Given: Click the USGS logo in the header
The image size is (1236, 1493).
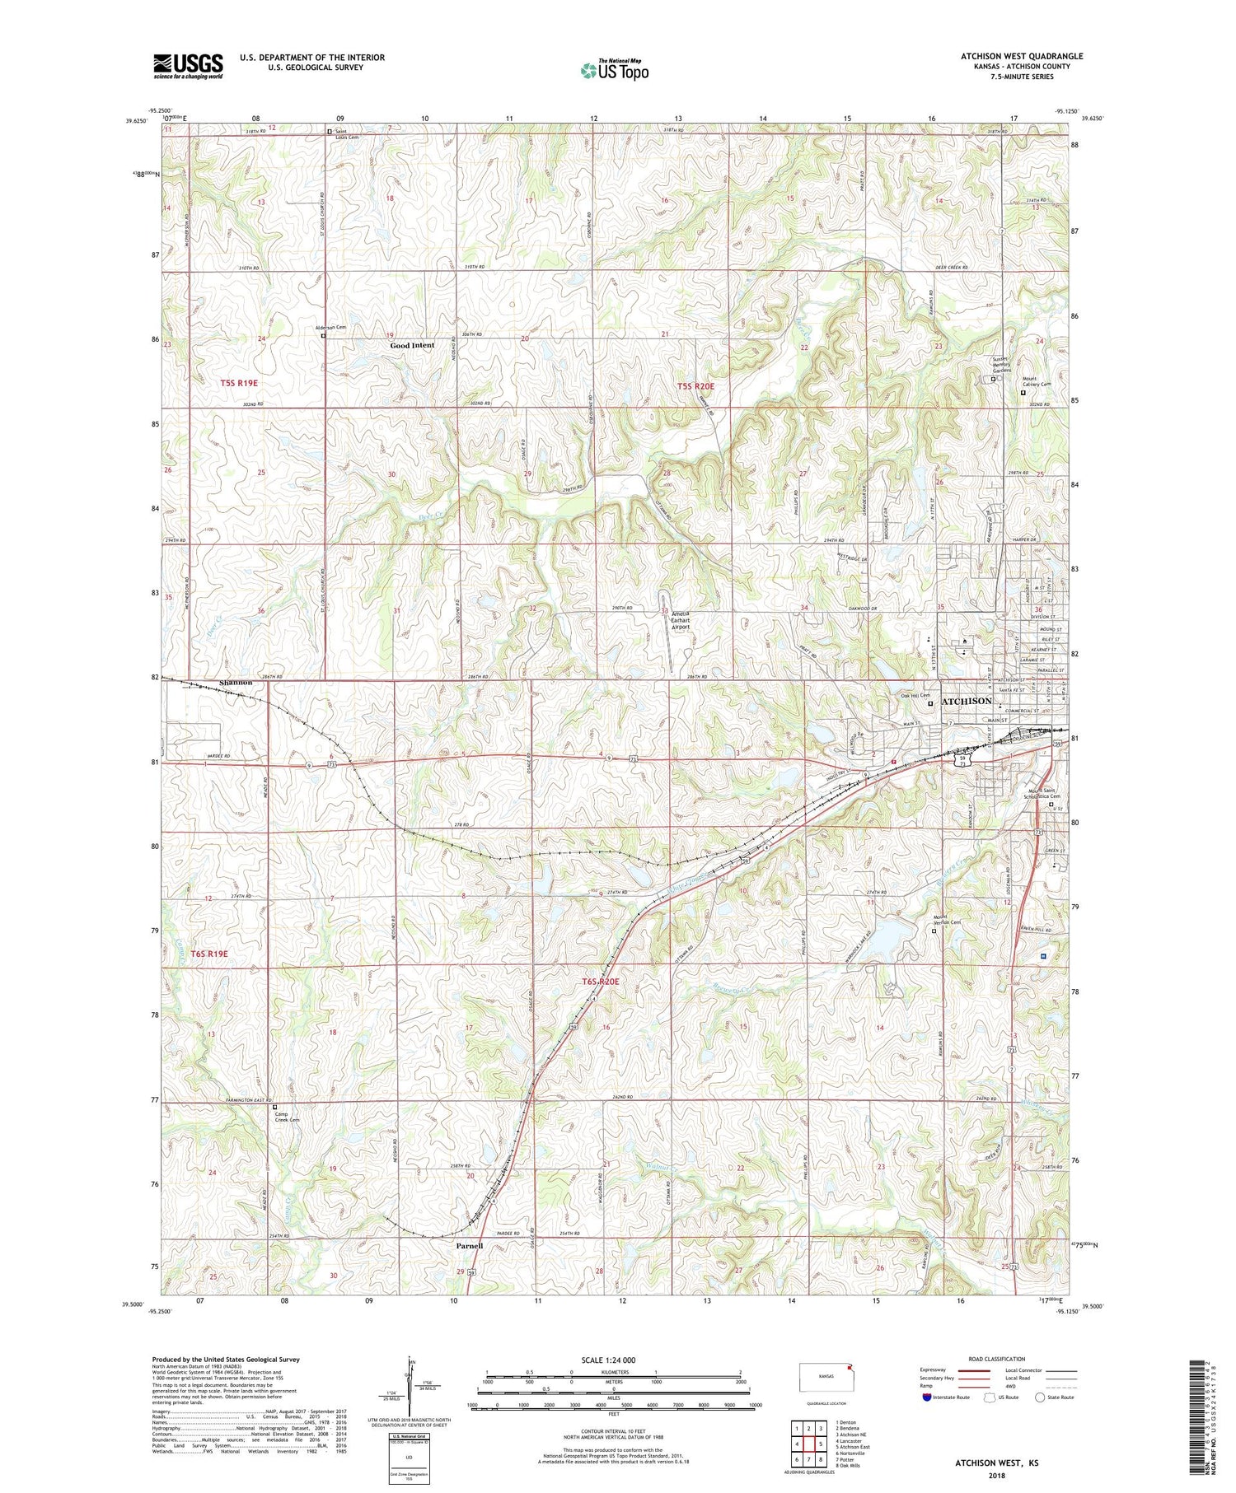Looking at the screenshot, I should [188, 66].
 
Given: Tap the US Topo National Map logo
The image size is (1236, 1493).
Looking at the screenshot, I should [614, 70].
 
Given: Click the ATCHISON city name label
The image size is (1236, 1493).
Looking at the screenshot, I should [967, 701].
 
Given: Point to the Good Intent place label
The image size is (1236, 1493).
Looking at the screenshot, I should [412, 345].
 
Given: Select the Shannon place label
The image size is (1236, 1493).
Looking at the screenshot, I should [236, 683].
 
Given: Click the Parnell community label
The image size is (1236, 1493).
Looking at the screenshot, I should [470, 1246].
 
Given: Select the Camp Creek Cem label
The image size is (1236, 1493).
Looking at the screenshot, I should [288, 1117].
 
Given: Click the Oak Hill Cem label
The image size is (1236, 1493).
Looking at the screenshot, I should [913, 696].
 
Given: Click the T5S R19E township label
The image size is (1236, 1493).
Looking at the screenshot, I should [239, 383].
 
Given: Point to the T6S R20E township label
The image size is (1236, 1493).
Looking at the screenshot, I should [600, 982].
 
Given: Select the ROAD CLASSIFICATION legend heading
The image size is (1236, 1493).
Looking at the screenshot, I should [997, 1359].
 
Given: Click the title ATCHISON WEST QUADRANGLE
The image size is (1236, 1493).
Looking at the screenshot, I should [1022, 56].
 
